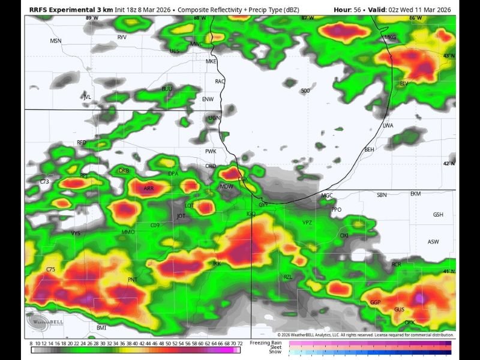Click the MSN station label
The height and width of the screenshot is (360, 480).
56,41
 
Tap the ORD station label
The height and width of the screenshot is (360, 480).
211,166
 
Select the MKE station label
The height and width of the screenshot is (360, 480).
211,61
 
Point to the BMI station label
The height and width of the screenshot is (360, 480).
101,328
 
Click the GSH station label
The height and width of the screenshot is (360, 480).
438,215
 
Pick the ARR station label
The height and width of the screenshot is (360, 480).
149,188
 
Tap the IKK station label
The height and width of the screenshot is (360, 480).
217,263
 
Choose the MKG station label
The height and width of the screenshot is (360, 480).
390,37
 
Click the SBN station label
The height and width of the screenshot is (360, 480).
382,195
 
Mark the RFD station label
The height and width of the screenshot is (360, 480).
82,142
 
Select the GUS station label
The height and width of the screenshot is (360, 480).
399,310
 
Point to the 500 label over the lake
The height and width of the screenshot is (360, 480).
305,91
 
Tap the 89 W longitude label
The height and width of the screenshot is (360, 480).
92,19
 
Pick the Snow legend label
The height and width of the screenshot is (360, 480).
275,352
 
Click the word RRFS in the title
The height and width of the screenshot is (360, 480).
40,10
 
